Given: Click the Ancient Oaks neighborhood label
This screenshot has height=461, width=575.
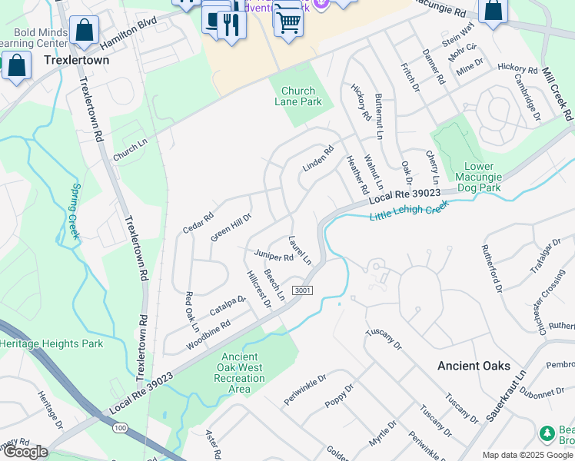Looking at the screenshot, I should coord(470,366).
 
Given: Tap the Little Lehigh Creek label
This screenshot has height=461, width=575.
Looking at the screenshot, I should coord(408,210).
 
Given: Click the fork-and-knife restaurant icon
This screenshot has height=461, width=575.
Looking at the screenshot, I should coord(231,25).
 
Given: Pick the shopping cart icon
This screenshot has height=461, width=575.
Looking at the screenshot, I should coord(288,22).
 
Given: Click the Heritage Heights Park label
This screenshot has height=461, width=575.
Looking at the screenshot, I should coord(52,343).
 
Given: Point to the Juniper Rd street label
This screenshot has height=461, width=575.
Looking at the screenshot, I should coord(274,257).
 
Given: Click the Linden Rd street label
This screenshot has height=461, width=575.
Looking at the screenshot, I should coord(317,158).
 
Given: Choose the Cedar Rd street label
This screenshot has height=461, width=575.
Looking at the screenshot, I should coord(198,224).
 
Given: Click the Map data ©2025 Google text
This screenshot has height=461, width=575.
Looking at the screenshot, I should coord(527,455).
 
